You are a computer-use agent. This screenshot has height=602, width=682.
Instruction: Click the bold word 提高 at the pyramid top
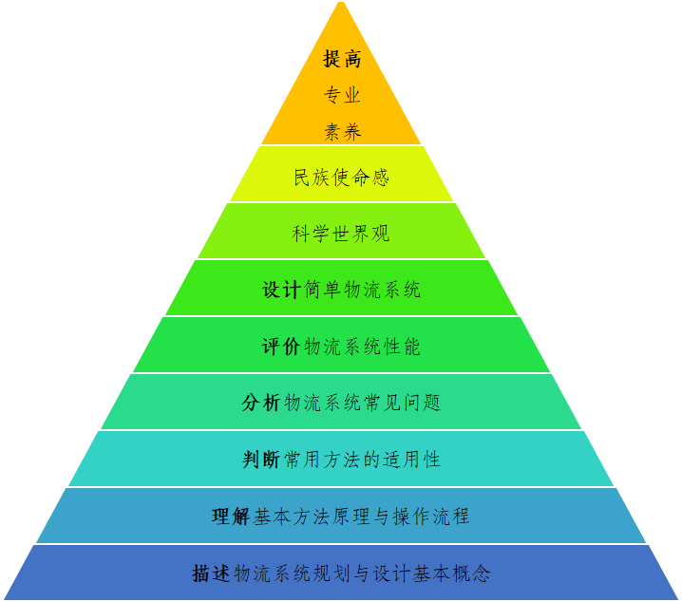click(342, 59)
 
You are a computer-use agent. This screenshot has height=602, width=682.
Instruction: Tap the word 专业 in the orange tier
click(342, 95)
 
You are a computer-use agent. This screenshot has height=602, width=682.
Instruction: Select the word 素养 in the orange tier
click(342, 132)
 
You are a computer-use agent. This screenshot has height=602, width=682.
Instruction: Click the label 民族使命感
click(341, 178)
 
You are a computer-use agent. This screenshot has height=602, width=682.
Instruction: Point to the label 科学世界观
click(341, 234)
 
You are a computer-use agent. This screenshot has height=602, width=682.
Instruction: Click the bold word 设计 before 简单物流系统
click(282, 290)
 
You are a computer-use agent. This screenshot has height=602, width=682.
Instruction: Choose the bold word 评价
click(282, 347)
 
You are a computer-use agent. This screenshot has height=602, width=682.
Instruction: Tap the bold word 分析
click(261, 403)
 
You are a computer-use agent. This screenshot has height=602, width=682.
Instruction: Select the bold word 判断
click(261, 460)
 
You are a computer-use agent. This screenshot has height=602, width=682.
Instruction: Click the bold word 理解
click(231, 517)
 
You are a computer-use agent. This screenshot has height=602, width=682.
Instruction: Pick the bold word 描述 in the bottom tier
click(211, 574)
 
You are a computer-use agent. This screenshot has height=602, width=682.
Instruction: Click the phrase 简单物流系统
click(363, 290)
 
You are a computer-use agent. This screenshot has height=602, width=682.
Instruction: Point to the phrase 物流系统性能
click(362, 347)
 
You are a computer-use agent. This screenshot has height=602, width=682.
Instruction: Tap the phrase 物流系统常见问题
click(362, 403)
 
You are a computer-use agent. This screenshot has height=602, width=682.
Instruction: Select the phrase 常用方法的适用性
click(362, 460)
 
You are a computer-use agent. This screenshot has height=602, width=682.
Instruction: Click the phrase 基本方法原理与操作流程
click(361, 517)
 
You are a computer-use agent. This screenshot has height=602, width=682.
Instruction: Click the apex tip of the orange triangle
click(341, 3)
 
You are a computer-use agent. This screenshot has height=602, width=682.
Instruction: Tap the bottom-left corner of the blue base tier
click(5, 599)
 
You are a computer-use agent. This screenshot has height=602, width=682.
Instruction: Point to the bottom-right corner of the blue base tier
click(677, 599)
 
